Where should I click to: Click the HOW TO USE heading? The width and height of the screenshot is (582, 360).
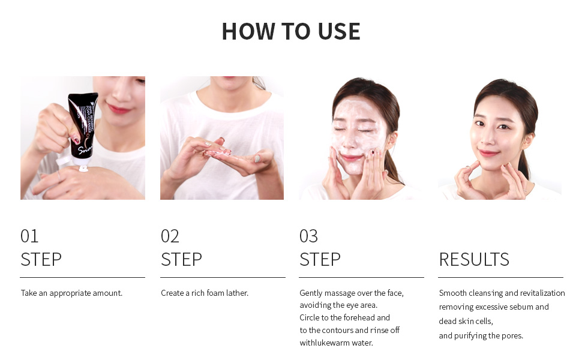pyautogui.click(x=291, y=31)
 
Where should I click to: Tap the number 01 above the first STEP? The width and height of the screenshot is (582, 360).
pyautogui.click(x=29, y=236)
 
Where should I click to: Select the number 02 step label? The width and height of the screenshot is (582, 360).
pyautogui.click(x=170, y=236)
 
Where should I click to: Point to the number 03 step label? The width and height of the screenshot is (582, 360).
pyautogui.click(x=309, y=236)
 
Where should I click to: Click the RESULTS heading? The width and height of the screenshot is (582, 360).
pyautogui.click(x=474, y=259)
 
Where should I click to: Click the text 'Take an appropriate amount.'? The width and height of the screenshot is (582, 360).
pyautogui.click(x=71, y=293)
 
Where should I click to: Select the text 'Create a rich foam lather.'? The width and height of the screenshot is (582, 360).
pyautogui.click(x=205, y=293)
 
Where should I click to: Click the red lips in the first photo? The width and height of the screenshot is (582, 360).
pyautogui.click(x=119, y=109)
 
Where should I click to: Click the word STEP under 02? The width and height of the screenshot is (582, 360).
pyautogui.click(x=182, y=259)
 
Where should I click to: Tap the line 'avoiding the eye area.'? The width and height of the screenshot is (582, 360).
pyautogui.click(x=338, y=305)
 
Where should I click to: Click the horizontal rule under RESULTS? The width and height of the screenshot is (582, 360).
pyautogui.click(x=501, y=277)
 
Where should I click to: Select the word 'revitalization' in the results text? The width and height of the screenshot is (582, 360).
pyautogui.click(x=542, y=293)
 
